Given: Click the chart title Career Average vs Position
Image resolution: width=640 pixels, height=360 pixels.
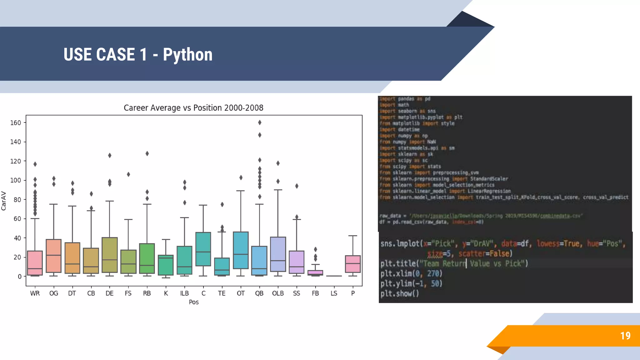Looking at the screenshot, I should (x=193, y=108).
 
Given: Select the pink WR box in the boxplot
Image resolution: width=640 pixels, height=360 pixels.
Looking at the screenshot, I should (x=35, y=262).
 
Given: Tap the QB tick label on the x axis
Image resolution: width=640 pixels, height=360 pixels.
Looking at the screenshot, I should (x=259, y=293).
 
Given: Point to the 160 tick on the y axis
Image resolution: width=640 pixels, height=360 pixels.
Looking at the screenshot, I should (x=16, y=123).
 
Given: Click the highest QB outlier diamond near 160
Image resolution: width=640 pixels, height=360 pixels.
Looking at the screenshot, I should (x=260, y=122).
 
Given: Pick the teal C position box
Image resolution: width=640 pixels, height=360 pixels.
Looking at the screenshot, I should (x=203, y=249).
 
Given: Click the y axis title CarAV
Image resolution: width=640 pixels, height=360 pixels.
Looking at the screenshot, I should (x=4, y=201).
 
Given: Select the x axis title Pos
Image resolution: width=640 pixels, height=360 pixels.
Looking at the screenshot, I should (x=194, y=302).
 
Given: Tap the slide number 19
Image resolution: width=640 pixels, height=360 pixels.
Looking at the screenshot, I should (x=625, y=336).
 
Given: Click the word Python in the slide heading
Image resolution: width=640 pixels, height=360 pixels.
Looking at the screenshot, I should (x=187, y=55).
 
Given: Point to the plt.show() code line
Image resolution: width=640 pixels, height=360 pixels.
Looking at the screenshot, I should (x=399, y=293).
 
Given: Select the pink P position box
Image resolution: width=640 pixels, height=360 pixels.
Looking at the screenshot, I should (x=353, y=264).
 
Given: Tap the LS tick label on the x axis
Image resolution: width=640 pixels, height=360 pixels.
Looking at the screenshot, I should (x=334, y=293).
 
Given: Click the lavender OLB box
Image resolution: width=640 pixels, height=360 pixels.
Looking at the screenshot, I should (x=278, y=254).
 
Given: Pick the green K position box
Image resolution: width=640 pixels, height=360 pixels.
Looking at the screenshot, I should (x=166, y=265).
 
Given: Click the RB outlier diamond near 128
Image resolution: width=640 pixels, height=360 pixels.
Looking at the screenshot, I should (x=147, y=153).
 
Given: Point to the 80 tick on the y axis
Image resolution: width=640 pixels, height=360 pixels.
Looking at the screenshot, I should (x=17, y=199).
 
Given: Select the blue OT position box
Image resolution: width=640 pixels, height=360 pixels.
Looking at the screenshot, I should (x=241, y=250).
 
